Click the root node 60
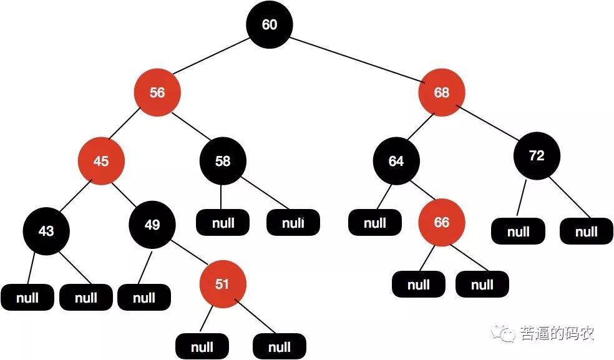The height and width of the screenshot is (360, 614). pyautogui.click(x=269, y=25)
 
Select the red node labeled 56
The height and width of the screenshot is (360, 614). pyautogui.click(x=157, y=92)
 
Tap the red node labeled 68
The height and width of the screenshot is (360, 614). pyautogui.click(x=441, y=93)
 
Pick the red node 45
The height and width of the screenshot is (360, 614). pyautogui.click(x=101, y=161)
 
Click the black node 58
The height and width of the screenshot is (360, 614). pyautogui.click(x=223, y=161)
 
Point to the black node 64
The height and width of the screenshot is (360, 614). pyautogui.click(x=396, y=161)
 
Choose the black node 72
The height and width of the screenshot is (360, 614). pyautogui.click(x=537, y=156)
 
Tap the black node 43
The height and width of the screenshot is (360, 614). pyautogui.click(x=46, y=230)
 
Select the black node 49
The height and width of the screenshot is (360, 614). pyautogui.click(x=152, y=225)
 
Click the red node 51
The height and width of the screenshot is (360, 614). pyautogui.click(x=222, y=285)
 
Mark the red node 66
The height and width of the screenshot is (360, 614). pyautogui.click(x=441, y=223)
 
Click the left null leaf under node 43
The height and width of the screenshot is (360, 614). pyautogui.click(x=27, y=298)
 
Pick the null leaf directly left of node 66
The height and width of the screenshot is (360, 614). pyautogui.click(x=375, y=223)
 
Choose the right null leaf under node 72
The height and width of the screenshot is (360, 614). pyautogui.click(x=586, y=232)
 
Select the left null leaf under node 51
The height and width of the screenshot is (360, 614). pyautogui.click(x=202, y=346)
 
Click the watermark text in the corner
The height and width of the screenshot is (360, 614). pyautogui.click(x=547, y=334)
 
